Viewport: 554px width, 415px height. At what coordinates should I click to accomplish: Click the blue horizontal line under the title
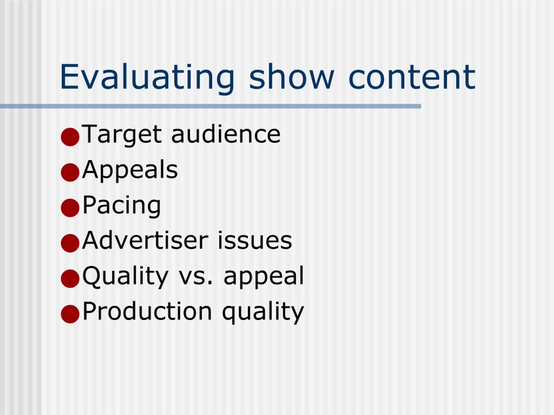coord(210,106)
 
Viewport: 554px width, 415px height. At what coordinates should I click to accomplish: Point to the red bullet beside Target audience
coord(70,137)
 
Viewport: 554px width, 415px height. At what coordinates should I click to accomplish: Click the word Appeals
coord(130,170)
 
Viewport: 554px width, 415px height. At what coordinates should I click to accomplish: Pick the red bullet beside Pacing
coord(70,208)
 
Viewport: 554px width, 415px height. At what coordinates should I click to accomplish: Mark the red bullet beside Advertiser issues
coord(70,243)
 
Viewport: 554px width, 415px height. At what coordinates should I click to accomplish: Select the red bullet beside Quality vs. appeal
coord(70,279)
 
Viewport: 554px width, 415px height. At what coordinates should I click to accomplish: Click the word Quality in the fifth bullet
coord(125,277)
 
